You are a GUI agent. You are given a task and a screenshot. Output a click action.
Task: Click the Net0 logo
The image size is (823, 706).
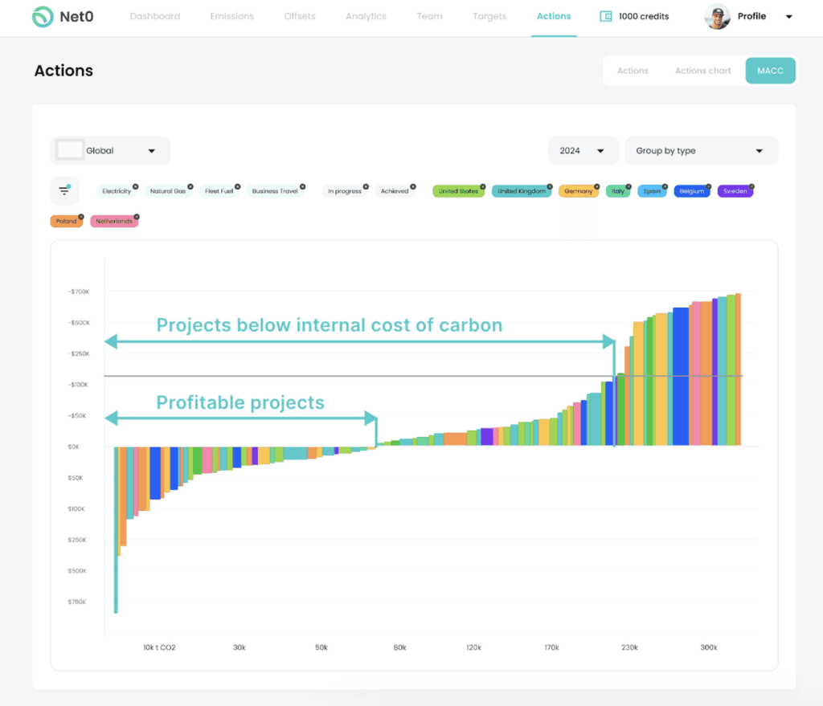pos(62,17)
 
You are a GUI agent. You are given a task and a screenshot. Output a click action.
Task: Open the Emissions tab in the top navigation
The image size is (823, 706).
pos(231,16)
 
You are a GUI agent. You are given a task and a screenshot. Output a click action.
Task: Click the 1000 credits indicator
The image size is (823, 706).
pos(634,16)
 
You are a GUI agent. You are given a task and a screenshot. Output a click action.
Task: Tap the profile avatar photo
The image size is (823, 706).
pos(717,17)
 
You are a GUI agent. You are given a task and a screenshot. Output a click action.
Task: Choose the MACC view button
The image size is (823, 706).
pos(770,71)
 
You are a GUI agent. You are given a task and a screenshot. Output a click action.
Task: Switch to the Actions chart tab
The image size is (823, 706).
pos(702,71)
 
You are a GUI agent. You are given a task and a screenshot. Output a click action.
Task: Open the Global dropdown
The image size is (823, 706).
pos(110,151)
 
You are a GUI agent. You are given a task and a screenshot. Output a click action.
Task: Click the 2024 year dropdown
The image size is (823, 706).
pos(582,151)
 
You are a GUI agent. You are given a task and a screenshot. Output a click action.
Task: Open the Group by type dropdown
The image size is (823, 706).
pos(700,151)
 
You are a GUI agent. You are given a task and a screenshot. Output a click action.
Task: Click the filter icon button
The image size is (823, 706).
pos(64,191)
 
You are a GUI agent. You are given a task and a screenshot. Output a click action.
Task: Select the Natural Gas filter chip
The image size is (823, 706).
pos(167,191)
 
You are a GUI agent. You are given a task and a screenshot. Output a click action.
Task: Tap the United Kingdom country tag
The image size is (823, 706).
pos(521,191)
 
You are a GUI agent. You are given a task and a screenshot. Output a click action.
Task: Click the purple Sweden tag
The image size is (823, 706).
pos(735,191)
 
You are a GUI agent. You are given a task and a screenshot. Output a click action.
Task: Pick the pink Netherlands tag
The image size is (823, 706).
pos(113,221)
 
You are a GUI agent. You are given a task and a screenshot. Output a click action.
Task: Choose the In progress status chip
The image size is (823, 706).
pos(344,191)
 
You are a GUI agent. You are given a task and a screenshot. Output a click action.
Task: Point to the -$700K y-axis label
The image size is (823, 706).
pos(79,292)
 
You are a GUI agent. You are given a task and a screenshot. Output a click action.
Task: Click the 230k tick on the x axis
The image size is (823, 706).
pos(629,647)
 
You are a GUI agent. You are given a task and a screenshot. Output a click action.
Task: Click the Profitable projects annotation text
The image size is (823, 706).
pos(240,402)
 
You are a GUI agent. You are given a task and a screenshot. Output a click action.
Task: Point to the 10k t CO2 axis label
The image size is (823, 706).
pos(159,647)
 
